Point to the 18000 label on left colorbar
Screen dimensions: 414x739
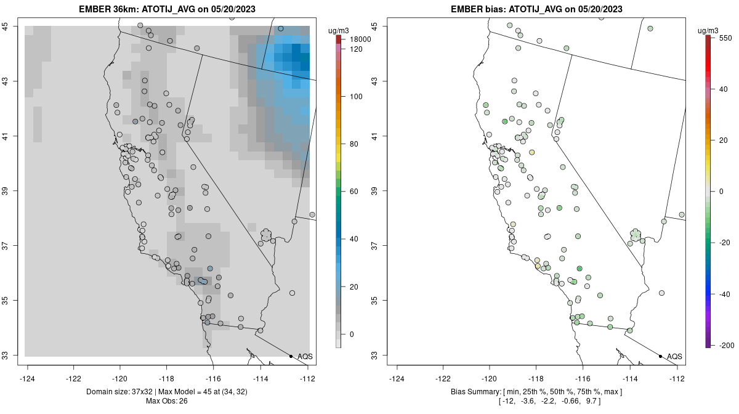click(359, 39)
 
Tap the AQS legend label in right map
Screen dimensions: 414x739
click(675, 357)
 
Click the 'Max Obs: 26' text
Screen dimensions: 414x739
click(168, 401)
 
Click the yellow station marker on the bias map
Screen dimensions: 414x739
click(531, 152)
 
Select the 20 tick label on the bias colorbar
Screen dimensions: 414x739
click(724, 140)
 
